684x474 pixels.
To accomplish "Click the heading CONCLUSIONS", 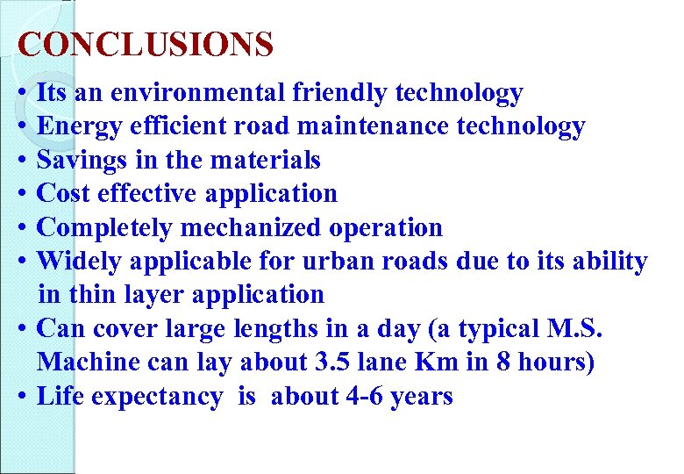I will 146,43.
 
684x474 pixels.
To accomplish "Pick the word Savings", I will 81,161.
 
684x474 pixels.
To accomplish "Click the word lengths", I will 270,329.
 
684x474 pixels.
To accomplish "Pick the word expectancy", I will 156,397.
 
